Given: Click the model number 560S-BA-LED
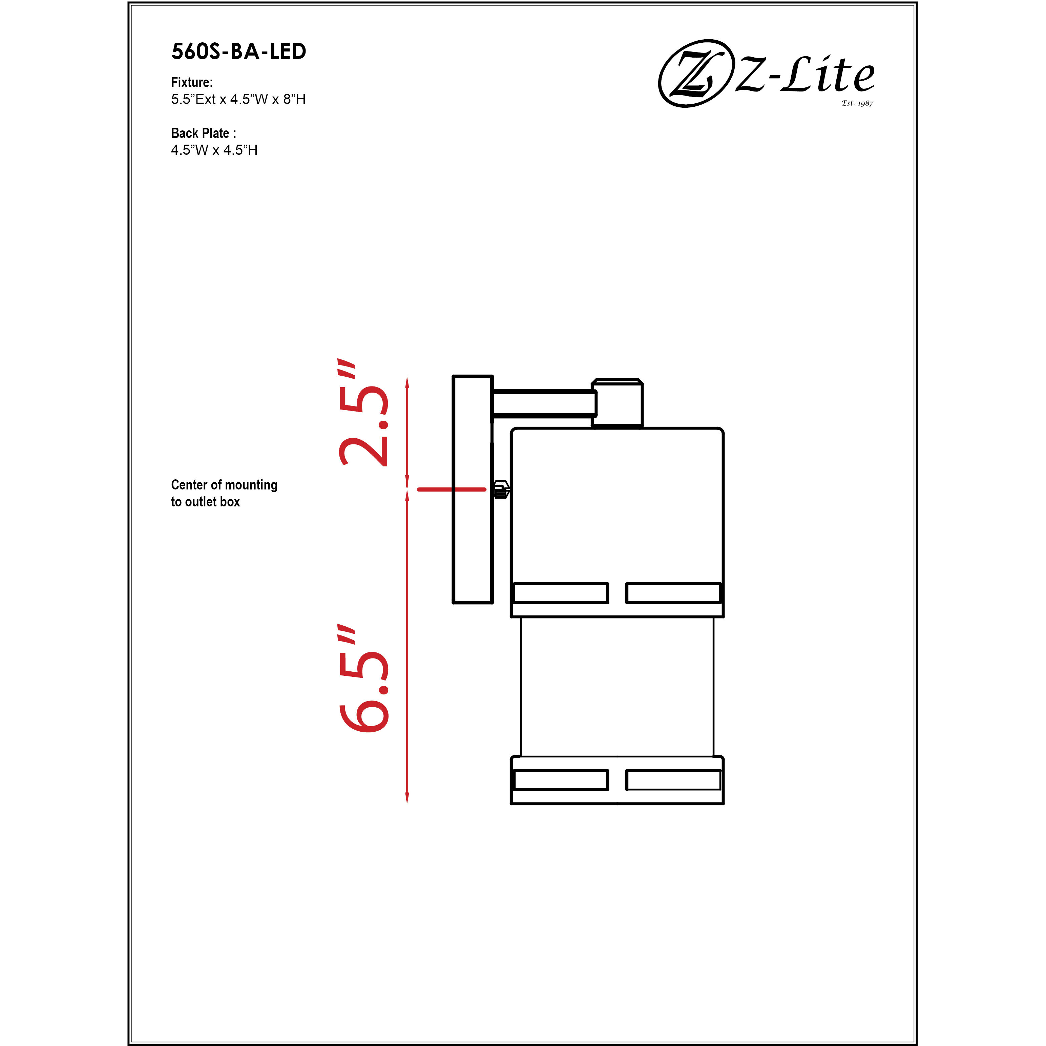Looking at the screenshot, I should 239,52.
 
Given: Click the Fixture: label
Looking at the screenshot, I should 192,82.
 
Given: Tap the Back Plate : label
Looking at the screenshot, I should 203,133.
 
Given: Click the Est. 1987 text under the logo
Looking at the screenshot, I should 857,103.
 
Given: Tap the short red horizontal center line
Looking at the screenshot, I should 451,489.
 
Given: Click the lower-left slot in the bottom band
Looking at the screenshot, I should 560,780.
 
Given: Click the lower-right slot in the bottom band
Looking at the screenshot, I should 673,780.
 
